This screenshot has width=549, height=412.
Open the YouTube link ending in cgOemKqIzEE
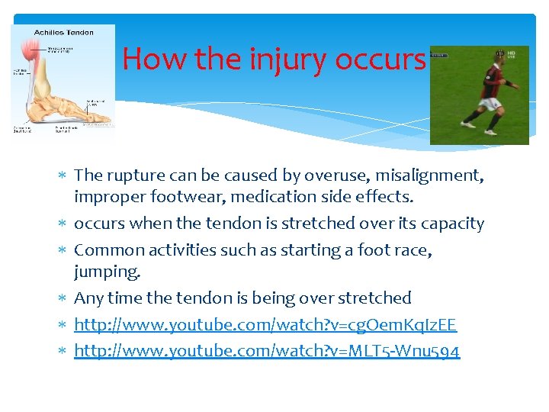[265, 325]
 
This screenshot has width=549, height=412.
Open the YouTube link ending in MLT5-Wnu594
[267, 351]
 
